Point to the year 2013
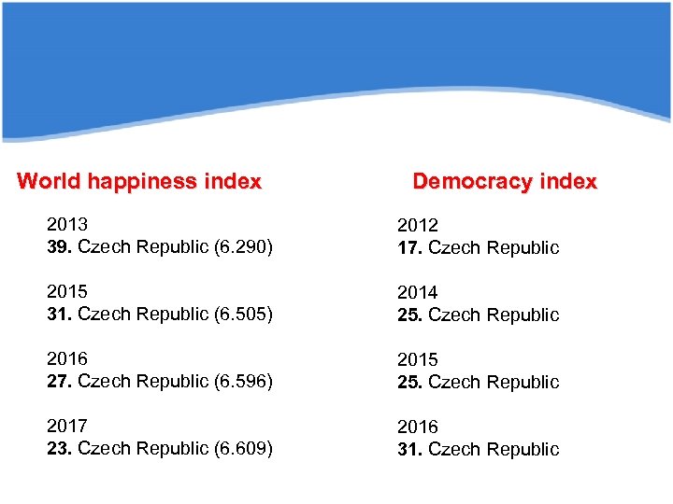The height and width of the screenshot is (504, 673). tap(67, 225)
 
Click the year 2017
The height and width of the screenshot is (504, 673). tap(67, 427)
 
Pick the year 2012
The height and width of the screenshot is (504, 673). tap(417, 226)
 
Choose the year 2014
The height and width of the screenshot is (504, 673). tap(417, 293)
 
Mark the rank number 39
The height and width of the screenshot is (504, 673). tap(60, 247)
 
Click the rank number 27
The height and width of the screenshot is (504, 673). tap(60, 382)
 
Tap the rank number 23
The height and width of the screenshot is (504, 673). tap(60, 449)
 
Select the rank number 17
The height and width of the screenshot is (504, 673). tap(409, 248)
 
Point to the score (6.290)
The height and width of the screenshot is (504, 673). tap(242, 247)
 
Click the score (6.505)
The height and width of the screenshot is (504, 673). tap(242, 315)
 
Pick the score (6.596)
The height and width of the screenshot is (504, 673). tap(242, 382)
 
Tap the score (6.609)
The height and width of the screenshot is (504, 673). tap(242, 449)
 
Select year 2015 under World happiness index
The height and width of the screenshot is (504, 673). tap(67, 292)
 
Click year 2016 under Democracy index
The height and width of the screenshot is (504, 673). tap(417, 427)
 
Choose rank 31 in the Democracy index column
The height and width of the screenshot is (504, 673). tap(409, 450)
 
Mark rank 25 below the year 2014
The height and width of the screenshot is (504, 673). tap(409, 315)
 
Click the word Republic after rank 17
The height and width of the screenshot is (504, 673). tap(525, 248)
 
